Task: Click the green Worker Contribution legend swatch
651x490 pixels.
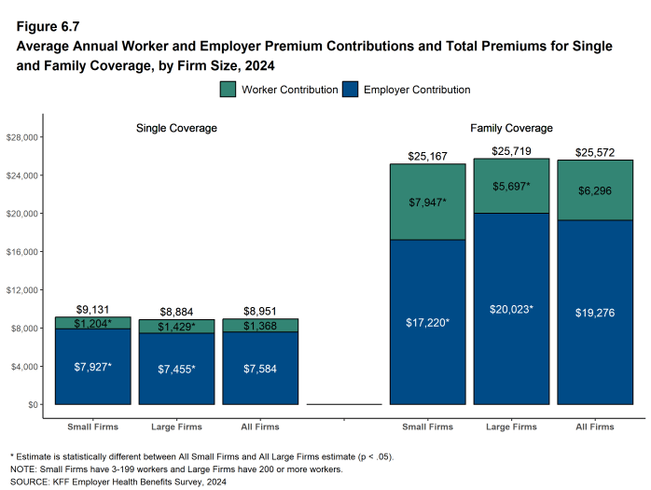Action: click(x=229, y=90)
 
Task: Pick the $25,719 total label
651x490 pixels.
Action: click(x=511, y=150)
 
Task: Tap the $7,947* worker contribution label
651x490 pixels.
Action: click(x=427, y=202)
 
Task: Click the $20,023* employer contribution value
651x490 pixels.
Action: click(x=511, y=309)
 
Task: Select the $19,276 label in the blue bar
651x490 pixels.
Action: click(x=595, y=313)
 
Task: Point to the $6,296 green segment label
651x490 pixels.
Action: click(x=595, y=190)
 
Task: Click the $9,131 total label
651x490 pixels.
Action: click(x=92, y=309)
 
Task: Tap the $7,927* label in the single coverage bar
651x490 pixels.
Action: click(x=92, y=367)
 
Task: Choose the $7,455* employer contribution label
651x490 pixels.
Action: click(x=176, y=370)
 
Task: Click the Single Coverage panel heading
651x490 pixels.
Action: click(x=176, y=128)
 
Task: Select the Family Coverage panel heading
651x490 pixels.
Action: click(x=511, y=128)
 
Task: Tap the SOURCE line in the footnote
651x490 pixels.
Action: click(x=118, y=483)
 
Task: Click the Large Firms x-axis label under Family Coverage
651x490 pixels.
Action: click(x=511, y=427)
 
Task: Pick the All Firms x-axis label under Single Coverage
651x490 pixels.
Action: click(x=260, y=427)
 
